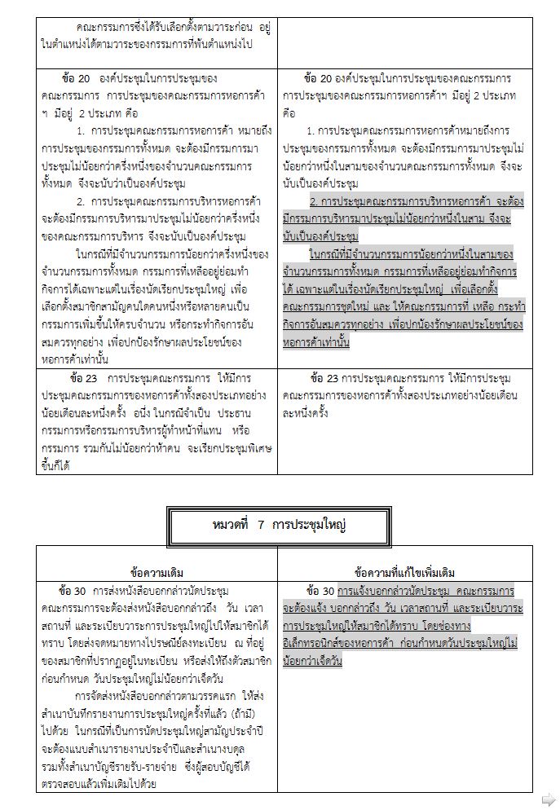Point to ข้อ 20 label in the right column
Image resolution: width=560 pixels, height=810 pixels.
click(x=317, y=79)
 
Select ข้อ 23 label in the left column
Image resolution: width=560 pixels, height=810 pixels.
click(x=80, y=379)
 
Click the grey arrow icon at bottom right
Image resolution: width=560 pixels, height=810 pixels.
click(x=549, y=799)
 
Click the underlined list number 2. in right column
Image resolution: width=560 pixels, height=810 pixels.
click(x=314, y=200)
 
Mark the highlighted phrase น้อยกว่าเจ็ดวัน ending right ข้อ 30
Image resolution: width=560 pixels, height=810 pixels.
click(x=312, y=661)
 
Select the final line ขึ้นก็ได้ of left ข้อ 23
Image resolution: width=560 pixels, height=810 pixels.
click(x=54, y=465)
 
